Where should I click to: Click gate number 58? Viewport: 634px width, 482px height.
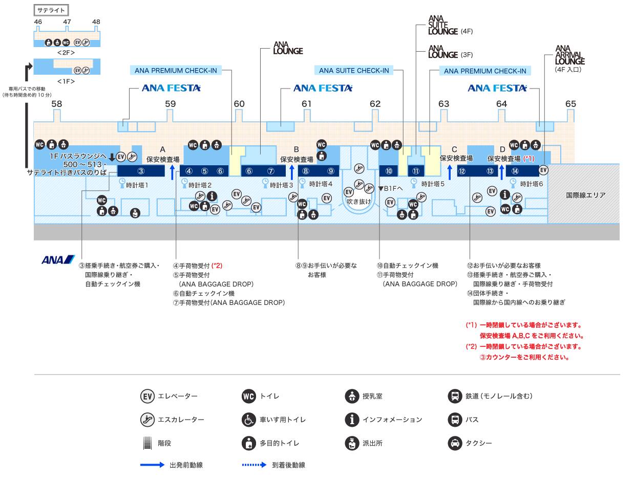pyautogui.click(x=57, y=104)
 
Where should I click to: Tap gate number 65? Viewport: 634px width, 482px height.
pyautogui.click(x=570, y=104)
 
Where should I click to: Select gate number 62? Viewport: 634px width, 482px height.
pyautogui.click(x=375, y=104)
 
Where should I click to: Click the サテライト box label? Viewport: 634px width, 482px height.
pyautogui.click(x=51, y=10)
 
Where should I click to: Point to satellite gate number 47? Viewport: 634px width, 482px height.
pyautogui.click(x=67, y=22)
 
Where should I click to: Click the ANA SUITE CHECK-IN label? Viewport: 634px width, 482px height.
pyautogui.click(x=354, y=71)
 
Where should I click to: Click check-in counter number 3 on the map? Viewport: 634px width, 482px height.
pyautogui.click(x=141, y=171)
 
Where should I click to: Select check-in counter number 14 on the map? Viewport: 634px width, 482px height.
pyautogui.click(x=515, y=171)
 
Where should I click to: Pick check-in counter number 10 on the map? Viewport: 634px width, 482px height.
pyautogui.click(x=389, y=171)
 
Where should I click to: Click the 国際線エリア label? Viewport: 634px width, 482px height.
pyautogui.click(x=585, y=195)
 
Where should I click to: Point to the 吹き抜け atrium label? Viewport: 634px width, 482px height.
pyautogui.click(x=358, y=202)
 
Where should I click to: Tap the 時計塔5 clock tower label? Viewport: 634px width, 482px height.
pyautogui.click(x=433, y=184)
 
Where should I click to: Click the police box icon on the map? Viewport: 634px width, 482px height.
pyautogui.click(x=135, y=213)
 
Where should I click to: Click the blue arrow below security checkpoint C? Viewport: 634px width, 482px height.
pyautogui.click(x=450, y=172)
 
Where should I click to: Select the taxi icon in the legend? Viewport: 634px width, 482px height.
pyautogui.click(x=455, y=443)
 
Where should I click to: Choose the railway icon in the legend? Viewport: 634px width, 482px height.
pyautogui.click(x=455, y=396)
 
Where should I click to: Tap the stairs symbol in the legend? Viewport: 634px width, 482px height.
pyautogui.click(x=147, y=443)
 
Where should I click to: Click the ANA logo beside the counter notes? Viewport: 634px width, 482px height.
pyautogui.click(x=58, y=259)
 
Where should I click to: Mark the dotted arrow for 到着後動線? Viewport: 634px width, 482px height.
pyautogui.click(x=254, y=465)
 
